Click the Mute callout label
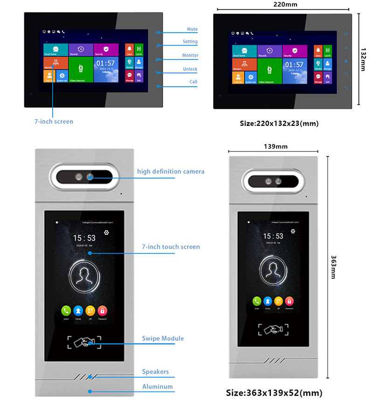click(192, 29)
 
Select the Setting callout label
click(190, 42)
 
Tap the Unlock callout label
click(190, 69)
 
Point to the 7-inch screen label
click(54, 122)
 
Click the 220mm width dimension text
click(281, 5)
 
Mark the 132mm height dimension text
click(363, 59)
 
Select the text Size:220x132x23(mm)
click(279, 124)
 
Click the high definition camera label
click(171, 172)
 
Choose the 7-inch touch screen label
click(171, 247)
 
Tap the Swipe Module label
click(163, 338)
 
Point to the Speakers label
click(155, 372)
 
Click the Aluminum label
click(157, 386)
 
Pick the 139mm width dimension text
click(276, 146)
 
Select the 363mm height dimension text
click(333, 267)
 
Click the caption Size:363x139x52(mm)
click(274, 393)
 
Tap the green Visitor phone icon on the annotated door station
click(66, 310)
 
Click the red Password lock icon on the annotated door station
click(102, 310)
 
